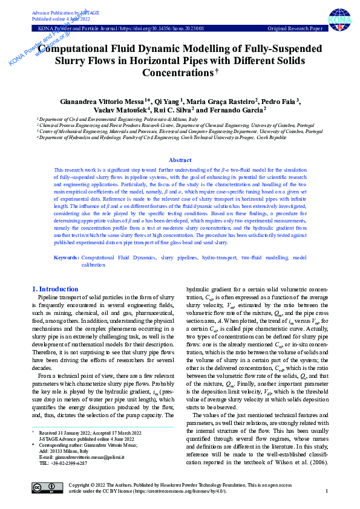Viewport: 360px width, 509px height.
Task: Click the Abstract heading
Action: point(180,160)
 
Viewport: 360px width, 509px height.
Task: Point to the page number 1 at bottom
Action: point(326,491)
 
